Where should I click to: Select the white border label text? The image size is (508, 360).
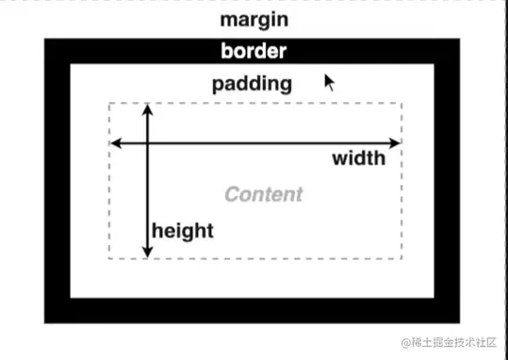pos(253,51)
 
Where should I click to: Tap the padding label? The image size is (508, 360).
pos(252,83)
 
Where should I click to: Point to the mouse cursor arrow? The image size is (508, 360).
pos(329,82)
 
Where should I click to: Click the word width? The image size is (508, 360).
pos(358,157)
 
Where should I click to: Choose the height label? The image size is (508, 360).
pos(183,230)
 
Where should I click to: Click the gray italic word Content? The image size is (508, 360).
pos(264,195)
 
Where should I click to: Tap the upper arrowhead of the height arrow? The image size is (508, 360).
pos(147,109)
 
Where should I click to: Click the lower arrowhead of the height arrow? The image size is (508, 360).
pos(147,252)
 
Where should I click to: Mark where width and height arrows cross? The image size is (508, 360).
pos(147,143)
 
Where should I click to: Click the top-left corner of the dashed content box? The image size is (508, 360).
pos(110,103)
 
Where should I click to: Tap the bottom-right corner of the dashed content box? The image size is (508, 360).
pos(402,257)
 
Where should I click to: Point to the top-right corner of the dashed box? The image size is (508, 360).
pos(402,103)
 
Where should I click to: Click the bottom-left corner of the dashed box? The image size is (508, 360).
pos(110,257)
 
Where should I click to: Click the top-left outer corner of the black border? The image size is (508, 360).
pos(45,39)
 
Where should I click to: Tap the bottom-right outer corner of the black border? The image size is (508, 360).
pos(461,323)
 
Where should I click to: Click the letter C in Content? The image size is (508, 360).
pos(232,195)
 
